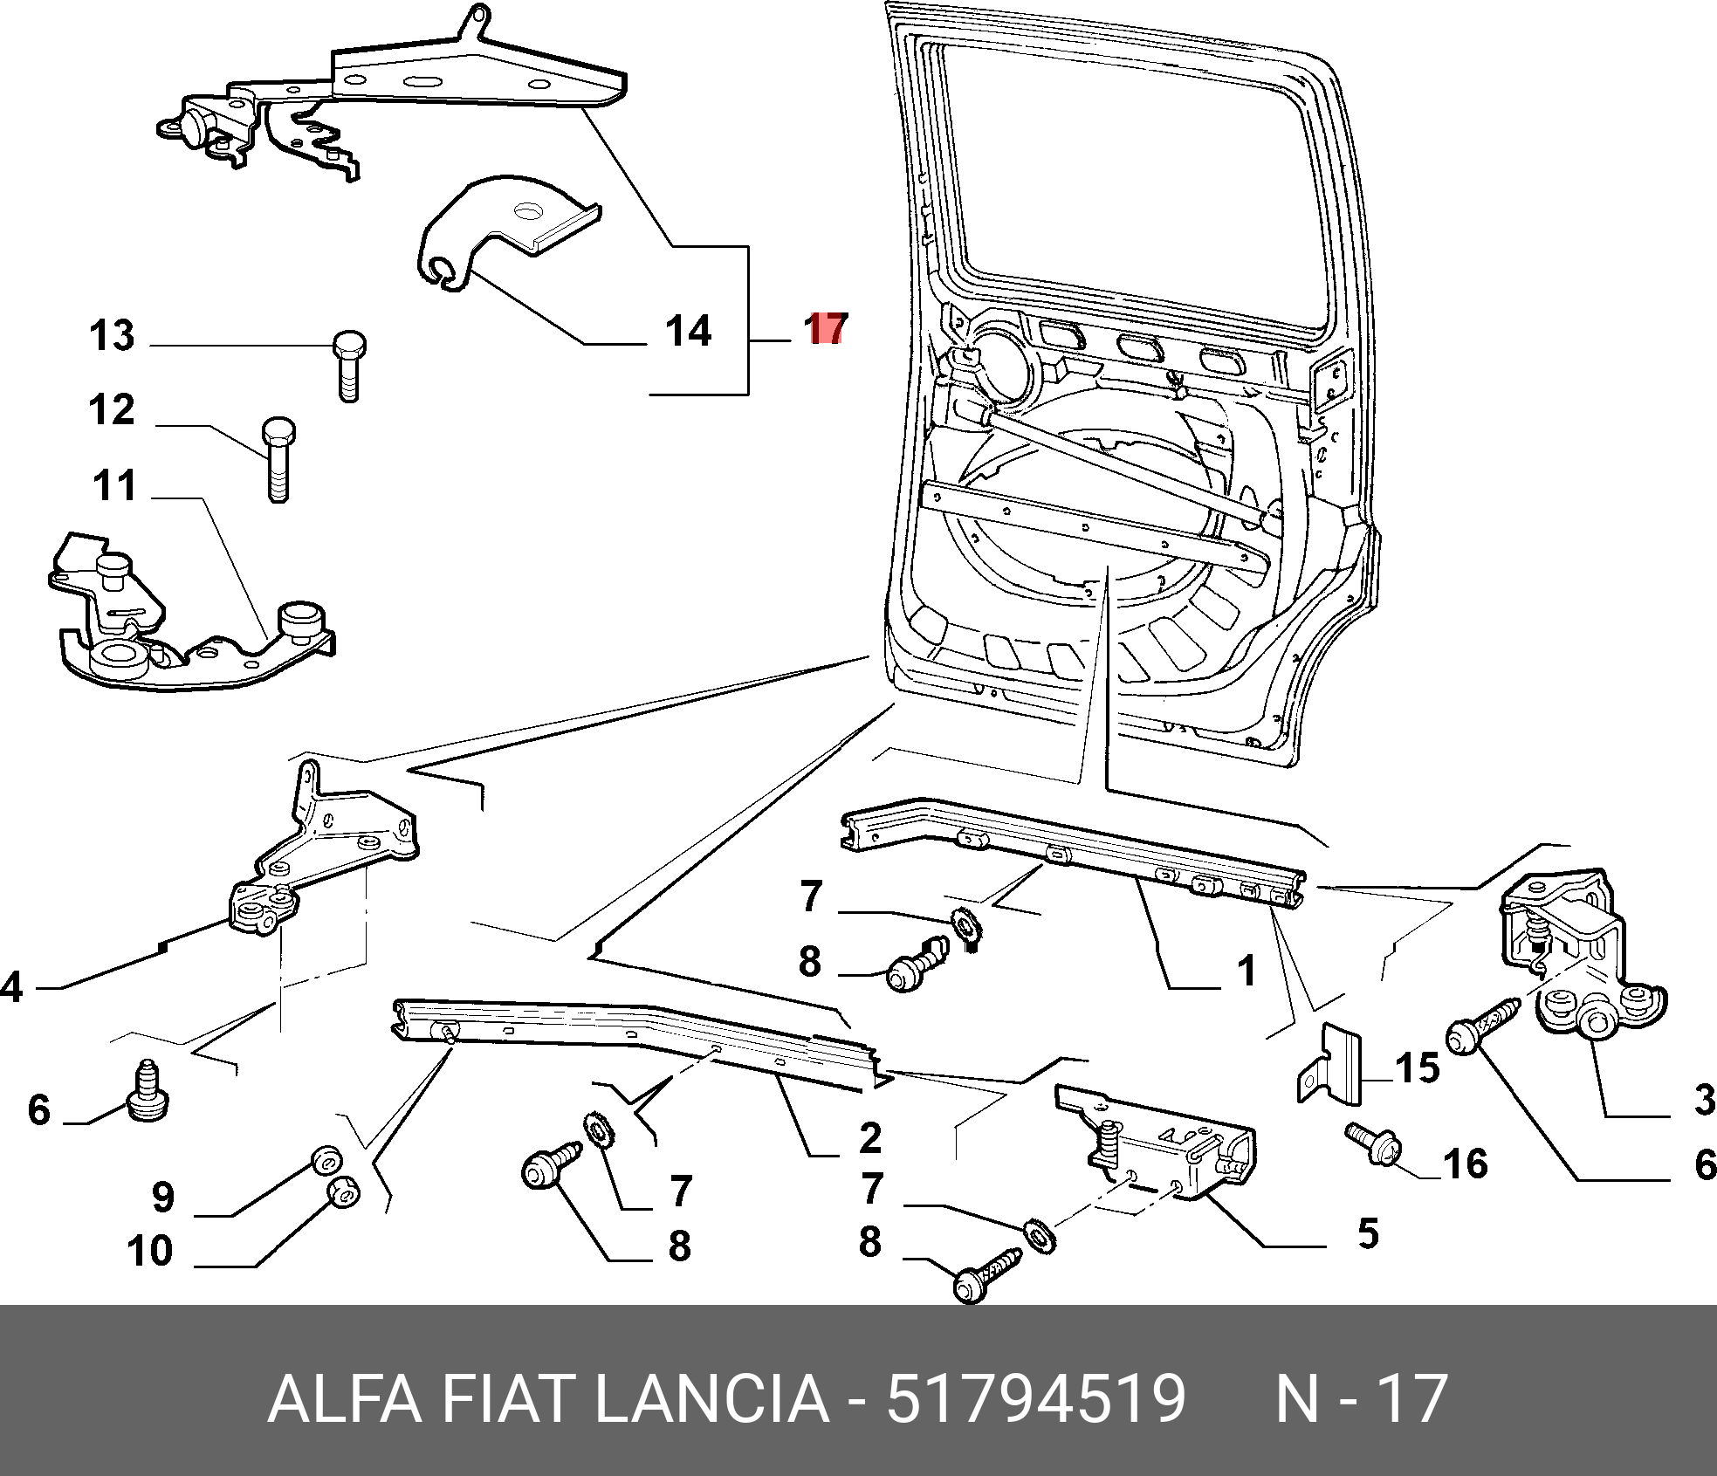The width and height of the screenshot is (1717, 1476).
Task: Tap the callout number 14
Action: pyautogui.click(x=688, y=332)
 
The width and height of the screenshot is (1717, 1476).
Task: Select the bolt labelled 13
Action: pyautogui.click(x=349, y=366)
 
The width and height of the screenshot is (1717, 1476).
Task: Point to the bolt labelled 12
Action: pyautogui.click(x=278, y=459)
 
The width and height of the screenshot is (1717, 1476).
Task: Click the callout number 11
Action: pyautogui.click(x=114, y=485)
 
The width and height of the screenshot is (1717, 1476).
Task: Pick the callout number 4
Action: pyautogui.click(x=11, y=987)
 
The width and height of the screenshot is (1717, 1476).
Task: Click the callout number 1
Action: pyautogui.click(x=1247, y=971)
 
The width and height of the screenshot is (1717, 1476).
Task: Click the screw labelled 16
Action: pyautogui.click(x=1374, y=1142)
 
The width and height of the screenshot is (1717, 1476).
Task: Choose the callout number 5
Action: pyautogui.click(x=1368, y=1233)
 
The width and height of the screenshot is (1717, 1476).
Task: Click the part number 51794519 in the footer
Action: pyautogui.click(x=1036, y=1398)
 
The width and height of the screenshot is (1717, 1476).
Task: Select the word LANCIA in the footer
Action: pyautogui.click(x=711, y=1398)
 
